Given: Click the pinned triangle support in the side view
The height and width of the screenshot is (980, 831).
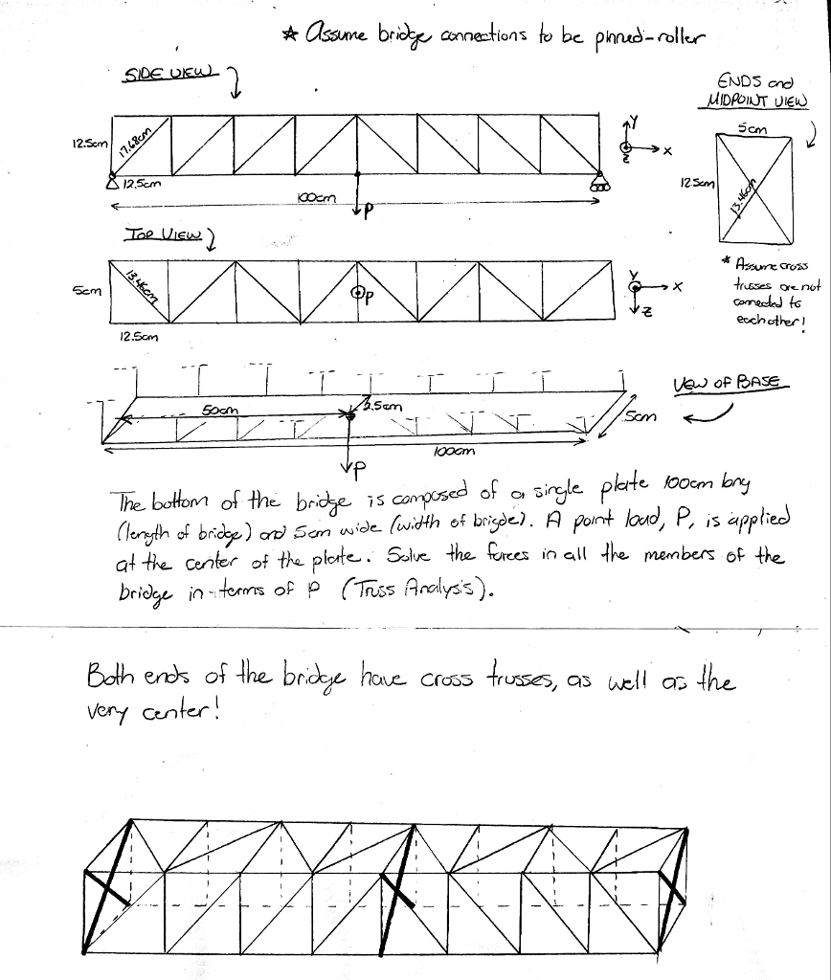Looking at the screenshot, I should tap(113, 182).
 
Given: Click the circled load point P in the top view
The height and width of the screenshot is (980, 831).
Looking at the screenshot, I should tap(357, 293).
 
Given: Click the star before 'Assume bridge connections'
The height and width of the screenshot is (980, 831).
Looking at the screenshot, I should tap(288, 36).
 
